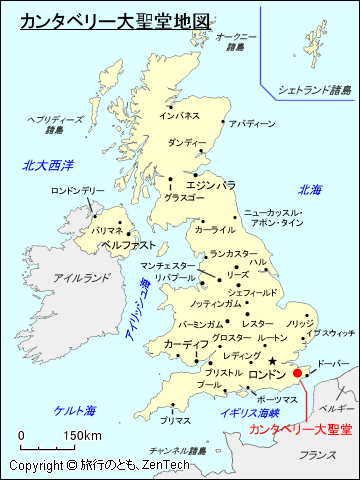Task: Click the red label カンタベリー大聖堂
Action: tap(300, 430)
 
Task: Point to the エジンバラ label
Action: tap(211, 185)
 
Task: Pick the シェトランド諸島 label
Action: tap(315, 90)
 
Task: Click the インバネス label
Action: tap(179, 116)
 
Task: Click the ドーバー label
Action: tap(333, 364)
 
